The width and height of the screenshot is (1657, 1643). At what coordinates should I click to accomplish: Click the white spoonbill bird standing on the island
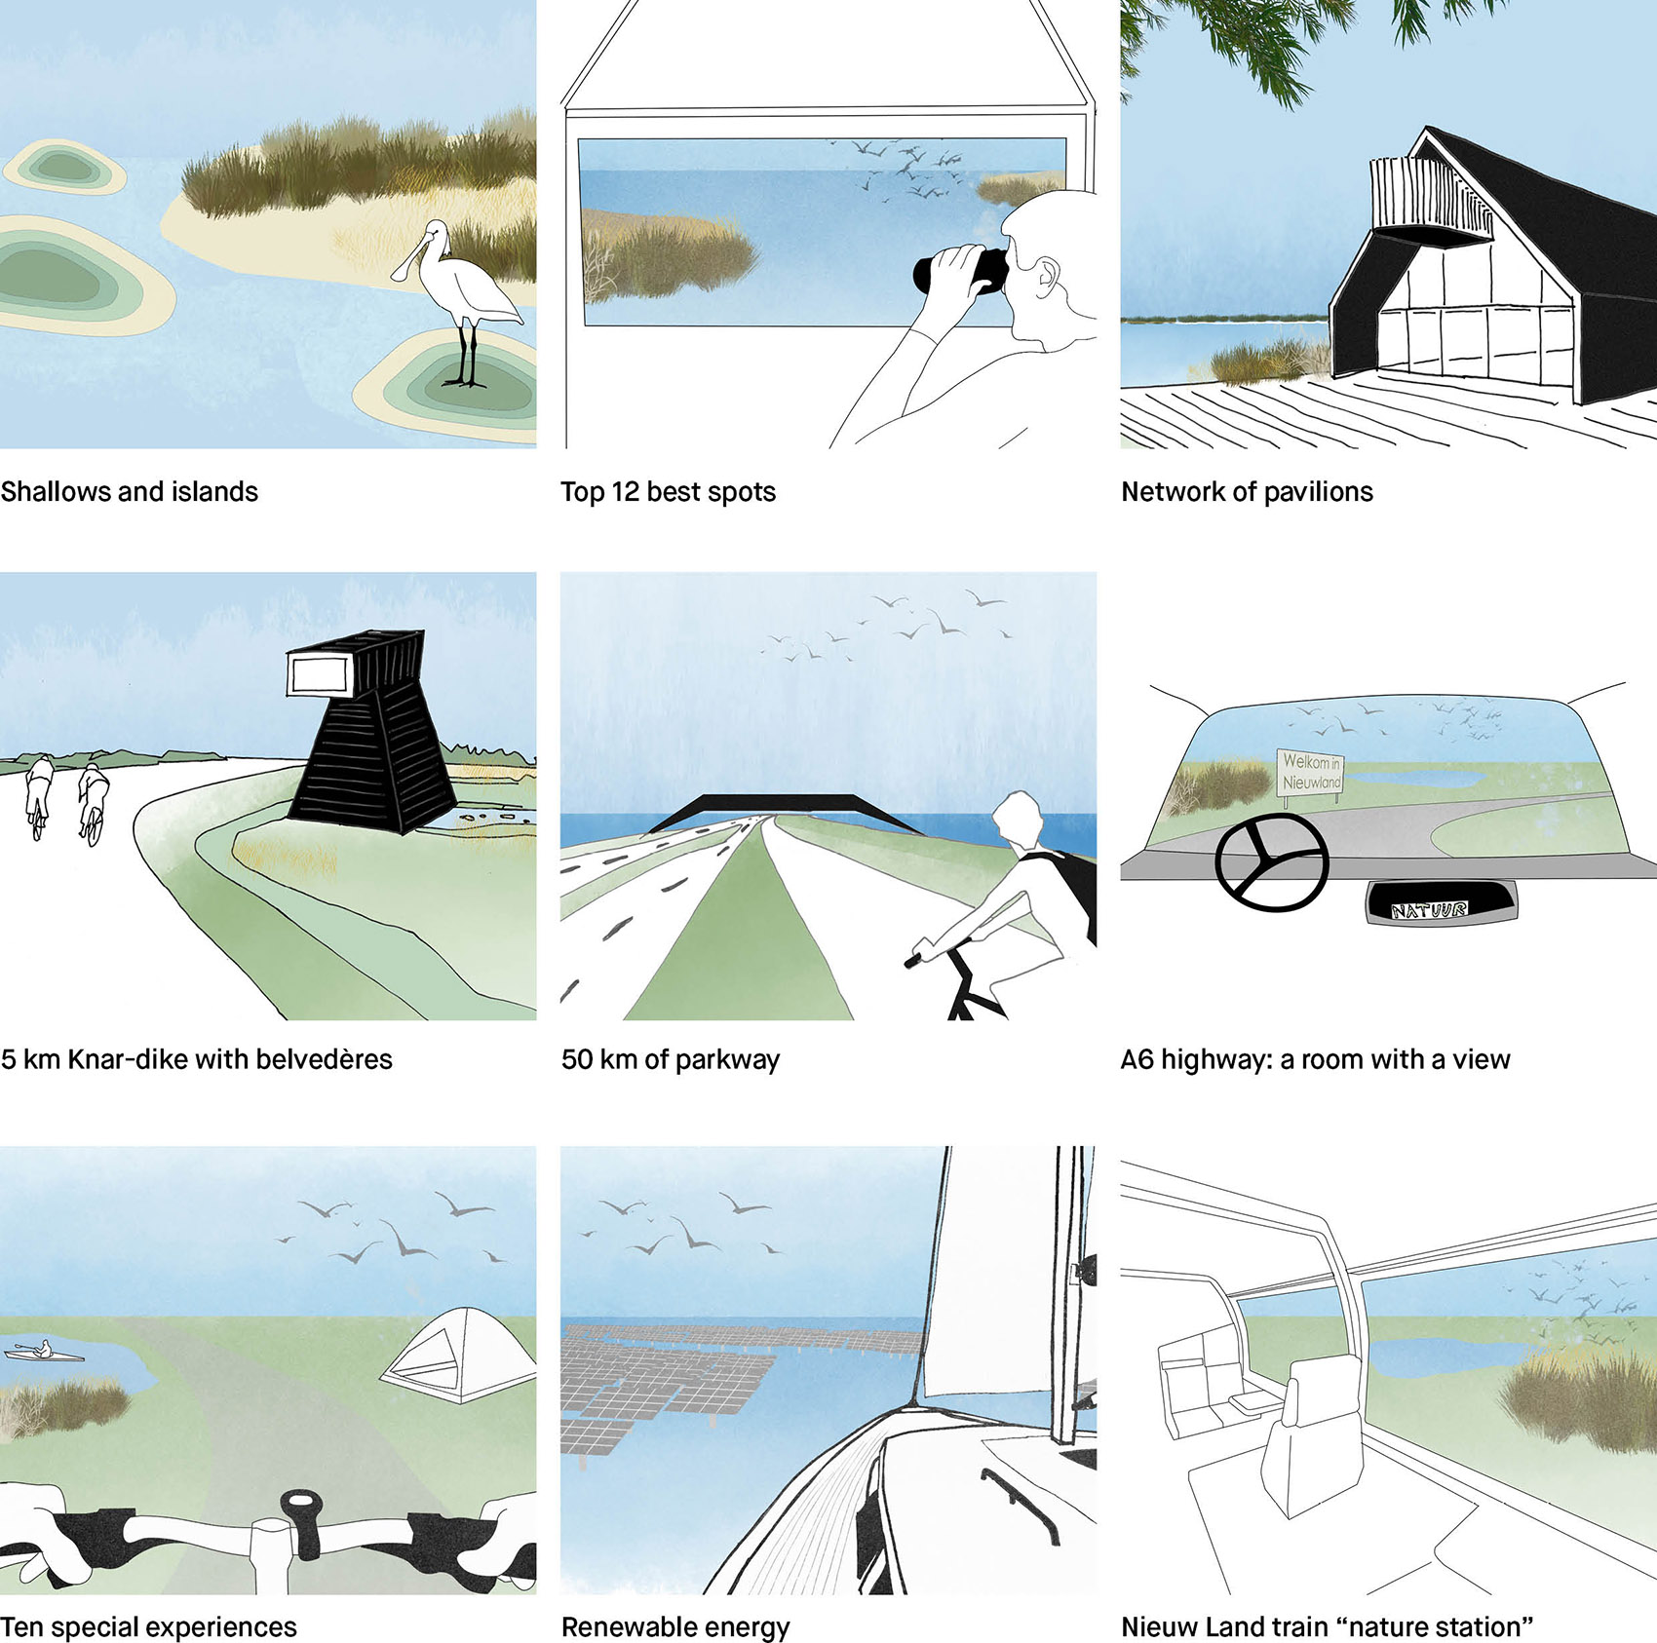point(463,292)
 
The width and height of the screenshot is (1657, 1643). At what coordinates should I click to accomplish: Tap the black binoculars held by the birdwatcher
point(960,270)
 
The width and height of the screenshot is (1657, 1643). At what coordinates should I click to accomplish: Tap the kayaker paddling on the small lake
point(44,1352)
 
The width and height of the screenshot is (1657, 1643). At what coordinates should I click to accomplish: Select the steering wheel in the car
point(1272,862)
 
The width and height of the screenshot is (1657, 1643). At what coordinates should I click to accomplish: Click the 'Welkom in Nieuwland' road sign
point(1311,772)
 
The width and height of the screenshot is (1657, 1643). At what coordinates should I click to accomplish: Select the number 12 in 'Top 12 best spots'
point(625,492)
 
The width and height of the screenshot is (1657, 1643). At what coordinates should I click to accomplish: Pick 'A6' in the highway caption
point(1137,1059)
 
